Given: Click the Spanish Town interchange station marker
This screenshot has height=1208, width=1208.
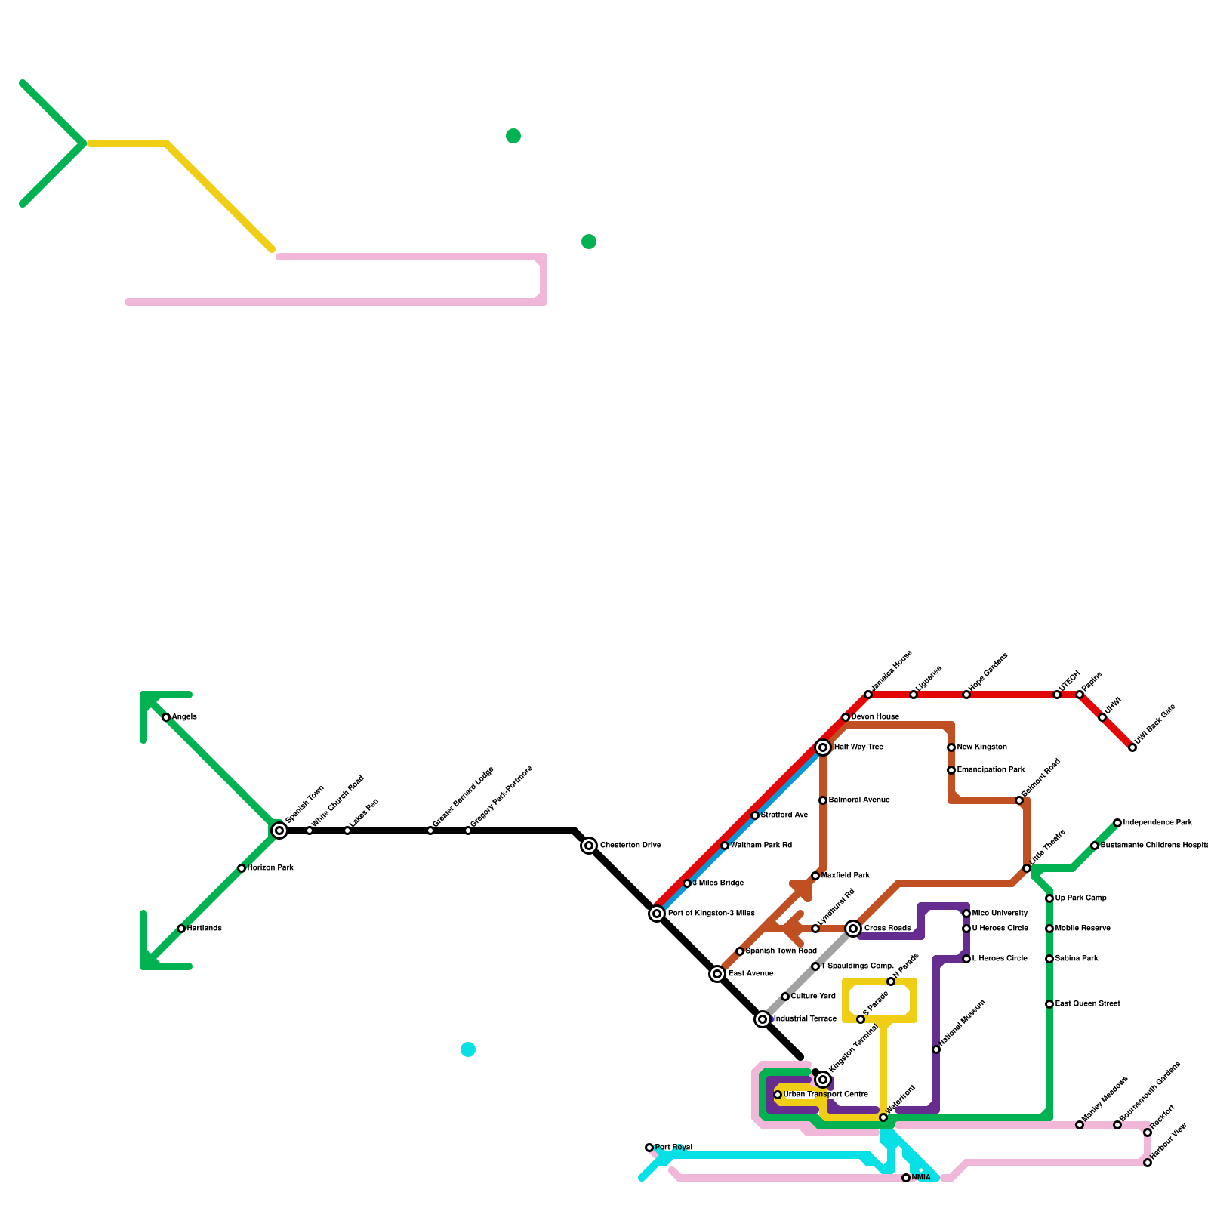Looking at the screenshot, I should point(279,830).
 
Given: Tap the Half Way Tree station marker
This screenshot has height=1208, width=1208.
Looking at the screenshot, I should point(823,747).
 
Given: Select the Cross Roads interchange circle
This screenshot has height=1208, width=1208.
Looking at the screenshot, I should point(853,929).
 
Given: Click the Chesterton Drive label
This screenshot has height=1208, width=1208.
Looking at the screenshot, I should point(630,846).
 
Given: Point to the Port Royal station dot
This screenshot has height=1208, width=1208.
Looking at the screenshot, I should point(649,1148).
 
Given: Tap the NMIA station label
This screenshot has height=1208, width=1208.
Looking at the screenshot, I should point(921,1178).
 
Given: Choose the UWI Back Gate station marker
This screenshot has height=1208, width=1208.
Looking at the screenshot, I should point(1132,747).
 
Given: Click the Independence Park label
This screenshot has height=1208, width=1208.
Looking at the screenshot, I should point(1157,823).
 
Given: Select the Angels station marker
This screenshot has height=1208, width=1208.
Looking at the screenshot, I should point(166,717).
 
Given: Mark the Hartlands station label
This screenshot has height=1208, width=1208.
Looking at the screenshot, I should point(205,929).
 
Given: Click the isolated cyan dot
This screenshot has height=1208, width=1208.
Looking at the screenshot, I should point(468,1049).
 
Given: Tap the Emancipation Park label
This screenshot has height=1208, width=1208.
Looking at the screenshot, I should point(991,770).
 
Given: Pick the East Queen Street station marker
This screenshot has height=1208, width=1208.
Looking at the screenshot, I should point(1049,1004).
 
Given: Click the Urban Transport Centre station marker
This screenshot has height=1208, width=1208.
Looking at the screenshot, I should point(778,1095).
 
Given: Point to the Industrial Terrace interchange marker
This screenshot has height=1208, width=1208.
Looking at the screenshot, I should point(763,1019).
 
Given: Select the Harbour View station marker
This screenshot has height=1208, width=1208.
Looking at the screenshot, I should point(1148,1163).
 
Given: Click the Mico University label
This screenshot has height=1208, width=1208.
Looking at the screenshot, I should point(1000,914).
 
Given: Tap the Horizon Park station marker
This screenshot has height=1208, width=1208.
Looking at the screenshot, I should point(242,868).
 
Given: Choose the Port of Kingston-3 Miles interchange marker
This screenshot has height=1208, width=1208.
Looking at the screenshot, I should point(657,914).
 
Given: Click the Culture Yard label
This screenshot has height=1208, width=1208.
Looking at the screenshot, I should point(813,997).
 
